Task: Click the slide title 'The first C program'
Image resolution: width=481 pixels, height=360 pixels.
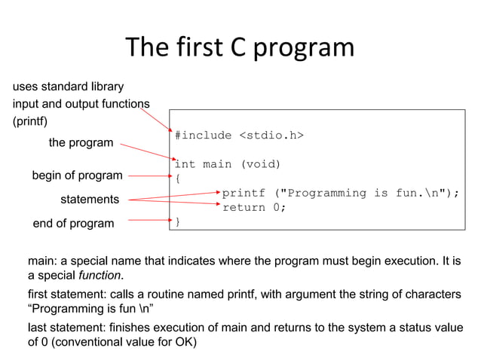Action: (x=240, y=47)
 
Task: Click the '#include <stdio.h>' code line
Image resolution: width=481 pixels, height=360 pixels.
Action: (x=239, y=136)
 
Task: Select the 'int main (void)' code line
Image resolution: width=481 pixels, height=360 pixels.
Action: (x=227, y=164)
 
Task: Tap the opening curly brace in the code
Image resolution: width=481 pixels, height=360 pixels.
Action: (x=177, y=178)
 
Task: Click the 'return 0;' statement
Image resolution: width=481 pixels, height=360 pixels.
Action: (x=254, y=207)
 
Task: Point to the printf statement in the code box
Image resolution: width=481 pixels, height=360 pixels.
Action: (x=340, y=193)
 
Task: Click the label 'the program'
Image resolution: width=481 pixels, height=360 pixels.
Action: (x=81, y=142)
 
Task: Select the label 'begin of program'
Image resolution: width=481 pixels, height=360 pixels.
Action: (x=77, y=175)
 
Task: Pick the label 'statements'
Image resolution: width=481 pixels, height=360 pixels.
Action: (x=90, y=200)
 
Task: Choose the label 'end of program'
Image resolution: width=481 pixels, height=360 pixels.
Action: (x=73, y=223)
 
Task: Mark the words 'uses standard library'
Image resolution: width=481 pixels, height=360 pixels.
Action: (x=68, y=87)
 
